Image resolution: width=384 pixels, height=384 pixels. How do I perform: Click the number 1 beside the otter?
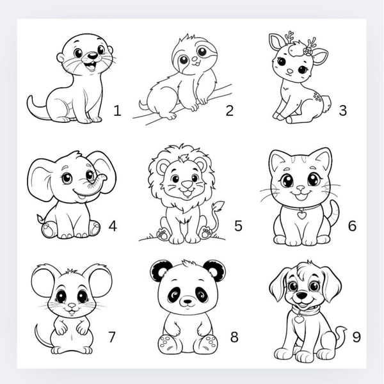click(x=117, y=111)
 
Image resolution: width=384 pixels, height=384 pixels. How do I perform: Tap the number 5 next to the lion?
click(x=238, y=225)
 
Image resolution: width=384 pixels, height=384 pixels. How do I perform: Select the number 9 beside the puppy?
click(x=356, y=337)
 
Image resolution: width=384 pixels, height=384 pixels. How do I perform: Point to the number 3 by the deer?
click(x=343, y=110)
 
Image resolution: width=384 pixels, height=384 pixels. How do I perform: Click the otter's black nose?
click(x=93, y=56)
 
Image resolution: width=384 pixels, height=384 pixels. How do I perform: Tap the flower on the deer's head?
click(x=307, y=51)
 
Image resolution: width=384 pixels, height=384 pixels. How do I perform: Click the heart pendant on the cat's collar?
click(x=301, y=215)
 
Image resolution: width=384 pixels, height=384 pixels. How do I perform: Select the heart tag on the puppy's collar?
click(x=298, y=319)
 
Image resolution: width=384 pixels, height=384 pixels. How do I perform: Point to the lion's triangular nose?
click(x=188, y=184)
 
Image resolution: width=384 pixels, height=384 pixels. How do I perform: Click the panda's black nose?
click(x=188, y=301)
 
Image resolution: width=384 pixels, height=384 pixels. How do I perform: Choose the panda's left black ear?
click(x=159, y=271)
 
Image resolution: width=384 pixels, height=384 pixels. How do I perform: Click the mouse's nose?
click(x=72, y=306)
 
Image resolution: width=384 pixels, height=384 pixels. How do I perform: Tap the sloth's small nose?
click(x=195, y=60)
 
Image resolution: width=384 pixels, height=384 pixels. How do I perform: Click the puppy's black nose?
click(x=301, y=294)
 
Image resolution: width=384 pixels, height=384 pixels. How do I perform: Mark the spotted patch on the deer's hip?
click(x=317, y=97)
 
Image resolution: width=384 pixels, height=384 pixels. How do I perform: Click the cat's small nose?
click(x=301, y=188)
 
